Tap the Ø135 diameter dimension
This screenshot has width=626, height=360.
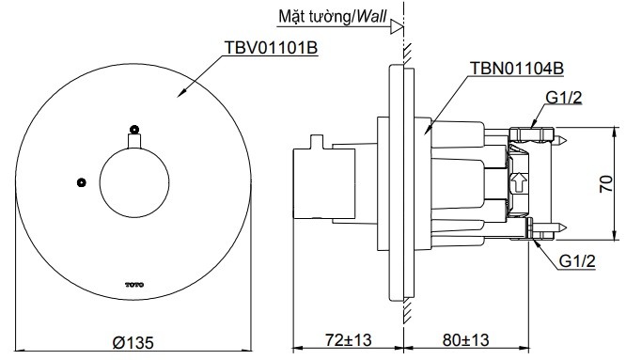coord(133,342)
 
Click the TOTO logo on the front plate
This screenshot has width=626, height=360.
coord(133,281)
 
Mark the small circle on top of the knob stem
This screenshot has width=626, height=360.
coord(134,129)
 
